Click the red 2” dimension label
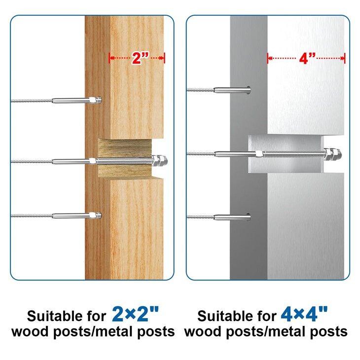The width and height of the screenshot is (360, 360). [x=141, y=58]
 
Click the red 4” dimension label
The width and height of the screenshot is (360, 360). [x=307, y=58]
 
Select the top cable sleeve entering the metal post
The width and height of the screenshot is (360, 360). [x=232, y=90]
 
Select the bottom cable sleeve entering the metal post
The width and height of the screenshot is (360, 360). [x=232, y=217]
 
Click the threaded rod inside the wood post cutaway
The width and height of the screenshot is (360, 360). [x=124, y=161]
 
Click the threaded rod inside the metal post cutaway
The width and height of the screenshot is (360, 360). [x=293, y=154]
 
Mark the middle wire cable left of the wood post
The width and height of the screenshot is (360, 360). [x=32, y=162]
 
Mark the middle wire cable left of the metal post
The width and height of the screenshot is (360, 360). [x=201, y=153]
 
